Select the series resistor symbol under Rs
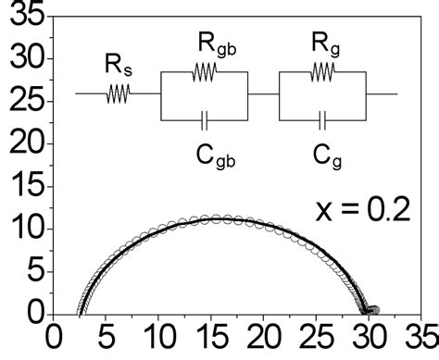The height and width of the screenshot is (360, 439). point(119,93)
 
